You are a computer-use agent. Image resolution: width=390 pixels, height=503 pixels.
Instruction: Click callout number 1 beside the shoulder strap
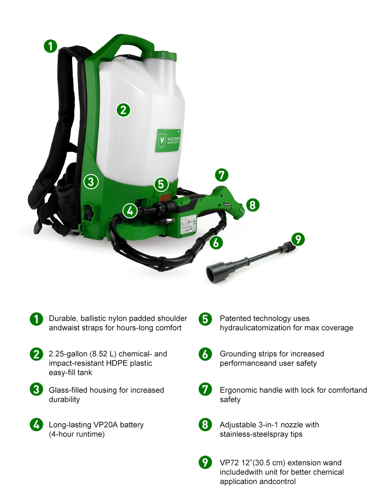50,46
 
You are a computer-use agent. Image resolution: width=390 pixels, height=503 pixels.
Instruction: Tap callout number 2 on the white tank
123,110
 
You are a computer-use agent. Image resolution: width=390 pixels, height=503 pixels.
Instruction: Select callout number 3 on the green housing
91,181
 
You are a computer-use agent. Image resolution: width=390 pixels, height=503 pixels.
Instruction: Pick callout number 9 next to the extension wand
298,239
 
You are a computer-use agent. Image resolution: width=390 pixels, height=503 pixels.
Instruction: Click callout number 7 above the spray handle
222,175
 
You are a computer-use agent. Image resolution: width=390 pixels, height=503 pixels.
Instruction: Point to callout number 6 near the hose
216,243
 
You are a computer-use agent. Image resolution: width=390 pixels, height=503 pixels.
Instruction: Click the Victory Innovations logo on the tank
168,140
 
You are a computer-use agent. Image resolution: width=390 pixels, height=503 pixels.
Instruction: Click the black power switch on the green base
89,213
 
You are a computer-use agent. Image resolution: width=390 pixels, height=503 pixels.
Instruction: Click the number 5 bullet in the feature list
205,319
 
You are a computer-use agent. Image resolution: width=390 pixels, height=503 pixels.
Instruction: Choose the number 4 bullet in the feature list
36,424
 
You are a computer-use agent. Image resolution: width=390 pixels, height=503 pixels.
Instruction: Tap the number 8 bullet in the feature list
205,424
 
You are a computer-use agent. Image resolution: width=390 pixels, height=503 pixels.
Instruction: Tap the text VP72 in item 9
229,463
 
